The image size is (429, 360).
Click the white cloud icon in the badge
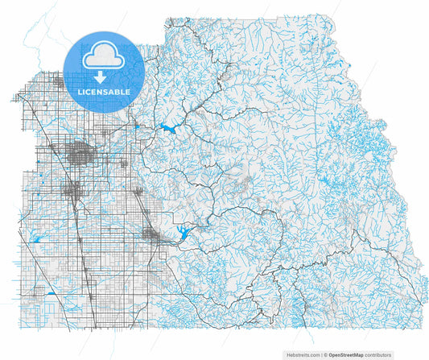pyautogui.click(x=103, y=55)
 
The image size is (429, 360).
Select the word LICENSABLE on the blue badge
pyautogui.click(x=103, y=93)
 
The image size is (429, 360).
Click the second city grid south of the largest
pyautogui.click(x=73, y=190)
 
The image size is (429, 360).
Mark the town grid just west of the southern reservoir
pyautogui.click(x=150, y=234)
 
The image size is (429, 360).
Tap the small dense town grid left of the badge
pyautogui.click(x=58, y=81)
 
